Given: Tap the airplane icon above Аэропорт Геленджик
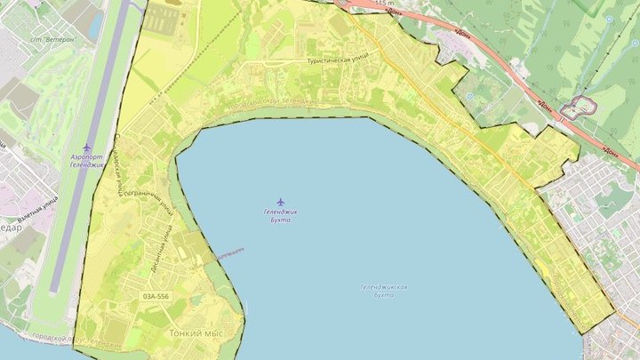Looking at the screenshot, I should pyautogui.click(x=86, y=147).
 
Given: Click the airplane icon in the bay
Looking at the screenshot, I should pyautogui.click(x=281, y=202).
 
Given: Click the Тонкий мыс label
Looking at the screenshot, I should pyautogui.click(x=195, y=333).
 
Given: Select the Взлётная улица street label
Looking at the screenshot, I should pyautogui.click(x=37, y=209).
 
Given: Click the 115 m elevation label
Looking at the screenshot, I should pyautogui.click(x=383, y=4).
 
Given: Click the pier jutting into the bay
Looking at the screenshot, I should pyautogui.click(x=228, y=254).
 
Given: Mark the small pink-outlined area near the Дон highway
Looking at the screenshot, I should pyautogui.click(x=582, y=107).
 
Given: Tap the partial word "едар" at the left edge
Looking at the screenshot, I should pyautogui.click(x=9, y=226).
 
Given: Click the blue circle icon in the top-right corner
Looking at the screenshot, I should pyautogui.click(x=609, y=19).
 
